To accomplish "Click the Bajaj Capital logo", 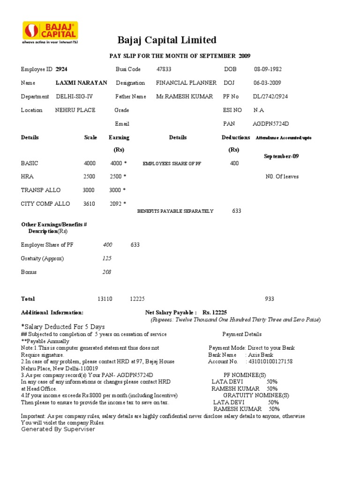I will point(50,33).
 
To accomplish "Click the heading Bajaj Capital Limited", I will point(166,40).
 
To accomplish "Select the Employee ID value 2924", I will point(61,69).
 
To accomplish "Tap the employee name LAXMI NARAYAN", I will point(81,83).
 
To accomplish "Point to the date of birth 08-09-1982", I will point(268,69).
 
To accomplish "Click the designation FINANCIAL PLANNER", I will point(186,83).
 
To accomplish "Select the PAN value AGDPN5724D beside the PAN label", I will point(271,124).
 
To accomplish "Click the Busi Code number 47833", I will point(164,69).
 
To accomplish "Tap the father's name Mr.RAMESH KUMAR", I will point(184,97).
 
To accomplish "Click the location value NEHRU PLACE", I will point(75,110).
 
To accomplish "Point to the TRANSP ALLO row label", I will point(41,190).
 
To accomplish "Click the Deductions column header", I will point(236,137).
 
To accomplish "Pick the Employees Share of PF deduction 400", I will point(234,163).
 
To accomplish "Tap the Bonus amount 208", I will point(107,272).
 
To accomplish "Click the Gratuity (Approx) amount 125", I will point(107,258).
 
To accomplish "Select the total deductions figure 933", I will point(270,299).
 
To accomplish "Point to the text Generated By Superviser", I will point(58,429).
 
